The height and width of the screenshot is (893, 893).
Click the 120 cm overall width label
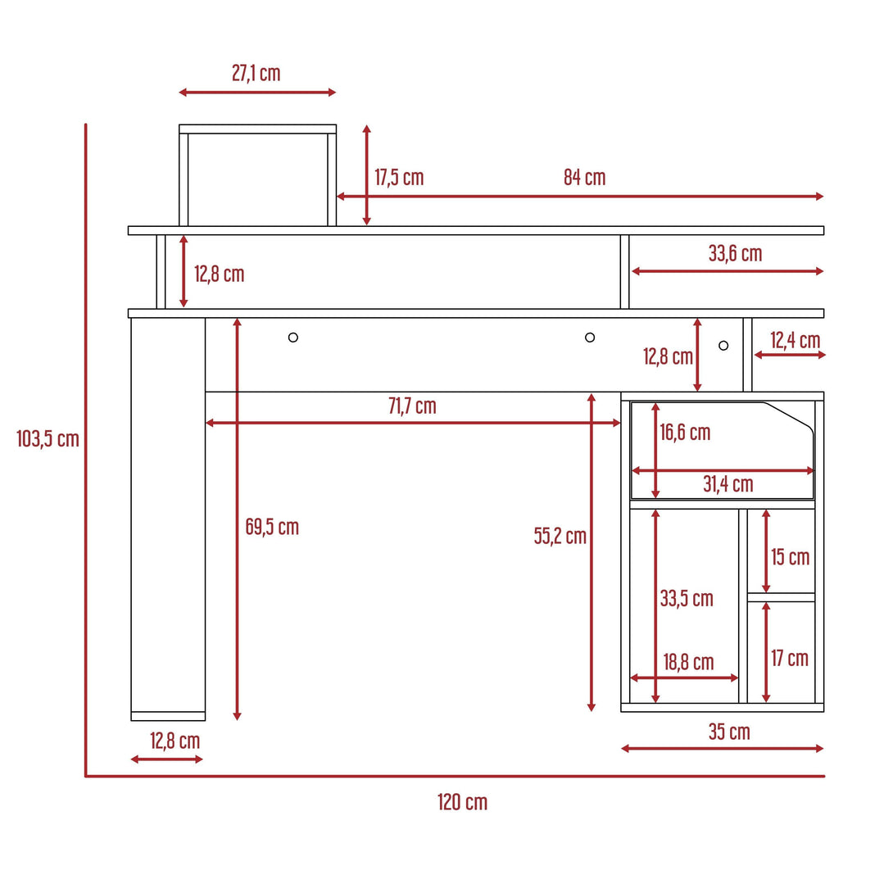pos(462,802)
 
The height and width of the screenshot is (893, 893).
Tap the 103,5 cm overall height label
pos(48,438)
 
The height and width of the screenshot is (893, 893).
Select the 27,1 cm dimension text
pos(256,73)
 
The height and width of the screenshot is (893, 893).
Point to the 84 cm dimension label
pos(584,177)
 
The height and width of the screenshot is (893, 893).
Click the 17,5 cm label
pos(399,177)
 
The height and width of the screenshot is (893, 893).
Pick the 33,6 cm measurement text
pos(735,253)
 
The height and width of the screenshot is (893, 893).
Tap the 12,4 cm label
pos(795,340)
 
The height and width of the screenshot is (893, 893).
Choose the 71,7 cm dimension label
pos(412,406)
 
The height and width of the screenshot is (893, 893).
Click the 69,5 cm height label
pos(272,527)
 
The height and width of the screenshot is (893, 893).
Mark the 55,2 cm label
pos(560,536)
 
